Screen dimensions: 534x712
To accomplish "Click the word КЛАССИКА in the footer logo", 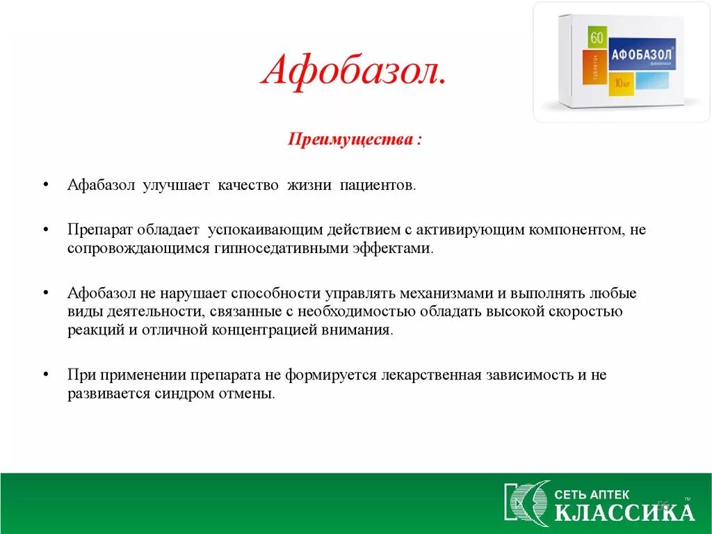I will [x=624, y=512].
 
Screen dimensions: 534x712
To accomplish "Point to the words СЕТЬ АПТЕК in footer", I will [x=592, y=494].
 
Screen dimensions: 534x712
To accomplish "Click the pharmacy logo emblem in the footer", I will [x=526, y=501].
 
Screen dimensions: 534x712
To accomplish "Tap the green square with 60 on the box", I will [x=597, y=38].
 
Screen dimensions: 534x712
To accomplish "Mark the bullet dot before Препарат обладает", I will [x=45, y=229].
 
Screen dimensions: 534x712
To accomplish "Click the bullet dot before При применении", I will [x=45, y=375].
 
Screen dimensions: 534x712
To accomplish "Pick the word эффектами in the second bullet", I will [x=400, y=248].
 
